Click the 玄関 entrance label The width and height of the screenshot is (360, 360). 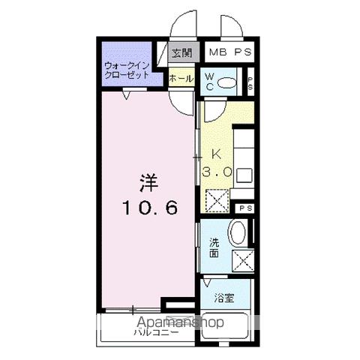[181, 52]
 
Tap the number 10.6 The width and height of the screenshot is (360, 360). [150, 208]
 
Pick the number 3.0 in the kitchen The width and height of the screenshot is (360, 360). [217, 172]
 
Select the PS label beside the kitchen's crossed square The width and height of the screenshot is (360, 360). [244, 208]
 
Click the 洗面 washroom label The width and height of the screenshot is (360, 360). [214, 247]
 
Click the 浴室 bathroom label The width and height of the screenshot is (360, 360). [223, 298]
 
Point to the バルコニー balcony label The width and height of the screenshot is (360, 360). [156, 331]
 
